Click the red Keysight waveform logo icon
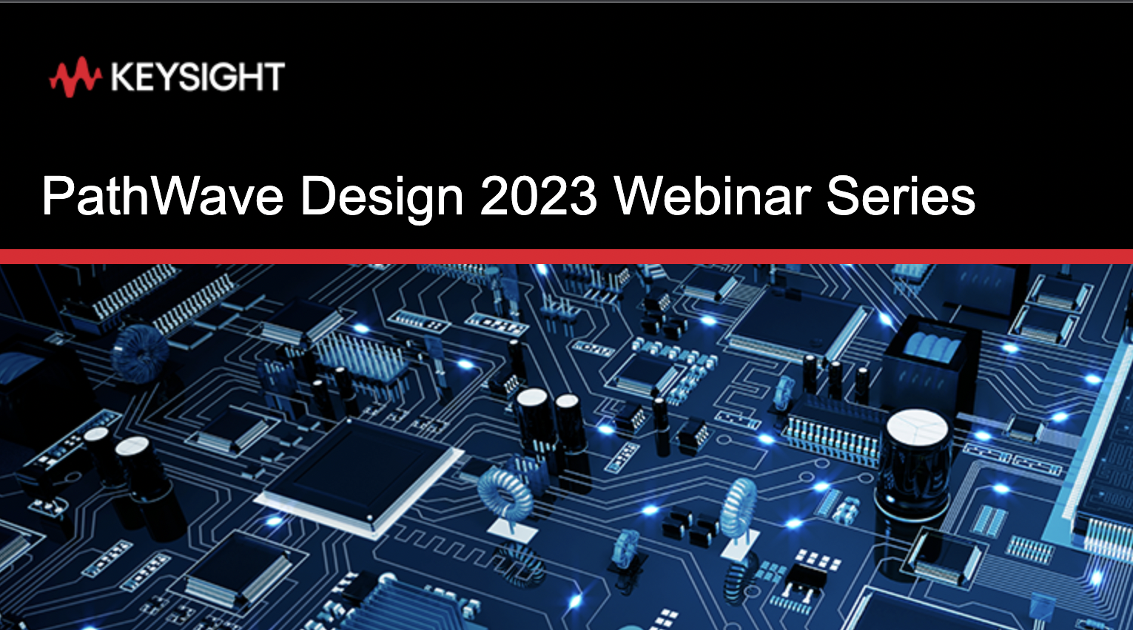[75, 77]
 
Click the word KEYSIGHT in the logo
[198, 77]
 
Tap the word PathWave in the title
[162, 195]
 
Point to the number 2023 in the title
[538, 195]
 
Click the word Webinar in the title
[713, 195]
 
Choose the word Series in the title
[901, 195]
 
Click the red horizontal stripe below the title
[567, 257]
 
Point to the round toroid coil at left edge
[140, 353]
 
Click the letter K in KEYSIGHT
[123, 77]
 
